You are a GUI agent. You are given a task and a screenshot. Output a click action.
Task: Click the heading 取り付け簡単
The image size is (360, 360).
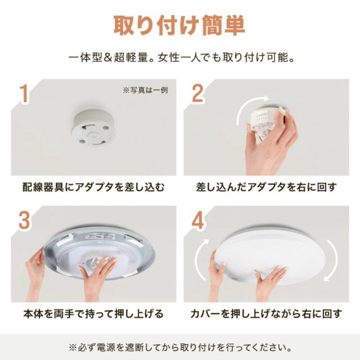(x=179, y=26)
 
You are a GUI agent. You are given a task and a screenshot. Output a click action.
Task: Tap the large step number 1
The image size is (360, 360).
(x=24, y=94)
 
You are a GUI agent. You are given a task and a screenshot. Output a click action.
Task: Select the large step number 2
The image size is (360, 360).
(x=197, y=93)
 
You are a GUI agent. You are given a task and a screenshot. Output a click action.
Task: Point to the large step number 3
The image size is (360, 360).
(x=24, y=220)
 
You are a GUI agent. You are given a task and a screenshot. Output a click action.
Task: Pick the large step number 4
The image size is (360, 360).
(x=197, y=220)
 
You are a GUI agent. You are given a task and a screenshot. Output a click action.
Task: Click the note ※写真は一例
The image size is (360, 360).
(x=145, y=90)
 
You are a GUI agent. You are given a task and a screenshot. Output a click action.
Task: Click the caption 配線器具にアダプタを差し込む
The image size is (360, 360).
(x=93, y=187)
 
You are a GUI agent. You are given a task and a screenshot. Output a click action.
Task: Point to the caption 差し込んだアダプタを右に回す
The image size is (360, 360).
(x=266, y=187)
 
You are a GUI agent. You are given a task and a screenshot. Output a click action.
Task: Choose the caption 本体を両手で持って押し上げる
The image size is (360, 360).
(x=93, y=314)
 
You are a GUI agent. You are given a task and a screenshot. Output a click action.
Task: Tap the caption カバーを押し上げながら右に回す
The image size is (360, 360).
(x=266, y=314)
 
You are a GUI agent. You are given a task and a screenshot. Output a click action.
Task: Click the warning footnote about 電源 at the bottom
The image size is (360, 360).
(x=180, y=348)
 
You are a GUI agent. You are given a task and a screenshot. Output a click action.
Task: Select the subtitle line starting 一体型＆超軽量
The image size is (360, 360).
(x=181, y=57)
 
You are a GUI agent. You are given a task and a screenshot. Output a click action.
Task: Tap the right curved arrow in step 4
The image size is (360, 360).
(x=334, y=259)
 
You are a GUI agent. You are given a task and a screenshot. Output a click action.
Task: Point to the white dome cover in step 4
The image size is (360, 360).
(x=271, y=255)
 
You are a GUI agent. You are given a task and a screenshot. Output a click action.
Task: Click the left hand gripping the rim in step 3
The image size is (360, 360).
(x=35, y=273)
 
